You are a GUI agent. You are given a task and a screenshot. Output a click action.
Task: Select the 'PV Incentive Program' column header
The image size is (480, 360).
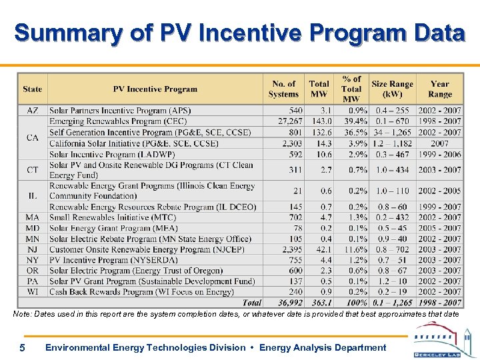point(155,89)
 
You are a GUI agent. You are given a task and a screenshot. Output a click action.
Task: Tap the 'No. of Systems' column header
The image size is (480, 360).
point(283,89)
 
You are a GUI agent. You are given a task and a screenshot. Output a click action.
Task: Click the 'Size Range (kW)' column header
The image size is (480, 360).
point(392,89)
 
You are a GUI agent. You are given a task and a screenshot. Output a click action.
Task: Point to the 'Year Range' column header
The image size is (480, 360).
point(440,89)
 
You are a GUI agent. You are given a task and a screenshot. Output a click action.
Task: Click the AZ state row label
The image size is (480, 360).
point(33,111)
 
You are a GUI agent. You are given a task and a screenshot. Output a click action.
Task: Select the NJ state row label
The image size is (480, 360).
point(33,249)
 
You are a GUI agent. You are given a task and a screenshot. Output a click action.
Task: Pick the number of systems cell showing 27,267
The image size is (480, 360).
point(285,121)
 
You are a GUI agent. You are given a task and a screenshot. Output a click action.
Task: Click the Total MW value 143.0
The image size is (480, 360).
point(320,121)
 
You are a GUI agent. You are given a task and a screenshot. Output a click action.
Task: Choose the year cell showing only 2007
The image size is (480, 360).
point(440,143)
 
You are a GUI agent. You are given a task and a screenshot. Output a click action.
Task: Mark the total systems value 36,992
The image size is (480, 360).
point(285,303)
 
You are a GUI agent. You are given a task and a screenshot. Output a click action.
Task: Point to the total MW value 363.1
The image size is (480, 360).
point(319,303)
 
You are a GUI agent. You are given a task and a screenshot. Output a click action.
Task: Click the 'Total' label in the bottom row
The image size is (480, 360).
point(252,303)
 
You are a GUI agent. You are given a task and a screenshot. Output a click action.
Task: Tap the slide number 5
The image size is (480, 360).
point(22,347)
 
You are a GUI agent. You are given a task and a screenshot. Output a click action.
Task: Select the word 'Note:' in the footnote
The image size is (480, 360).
point(23,313)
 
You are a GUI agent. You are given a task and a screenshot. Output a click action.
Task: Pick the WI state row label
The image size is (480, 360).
point(33,292)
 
